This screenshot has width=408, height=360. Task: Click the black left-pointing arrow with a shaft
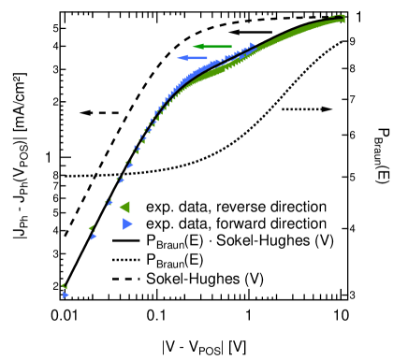(247, 32)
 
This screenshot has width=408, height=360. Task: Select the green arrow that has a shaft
(213, 46)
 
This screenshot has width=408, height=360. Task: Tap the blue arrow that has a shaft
(193, 58)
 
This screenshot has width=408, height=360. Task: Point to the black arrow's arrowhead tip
(229, 32)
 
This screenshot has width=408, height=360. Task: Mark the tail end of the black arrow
(266, 32)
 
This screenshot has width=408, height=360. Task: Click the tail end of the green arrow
(232, 46)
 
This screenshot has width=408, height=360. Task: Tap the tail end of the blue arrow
(207, 58)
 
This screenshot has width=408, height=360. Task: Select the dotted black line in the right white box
(300, 109)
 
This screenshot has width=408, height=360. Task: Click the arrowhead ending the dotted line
(326, 110)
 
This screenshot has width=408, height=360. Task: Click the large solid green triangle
(124, 207)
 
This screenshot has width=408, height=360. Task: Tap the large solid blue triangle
(127, 223)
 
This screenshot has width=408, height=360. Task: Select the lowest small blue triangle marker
(66, 295)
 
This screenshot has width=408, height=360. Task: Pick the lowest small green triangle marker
(64, 286)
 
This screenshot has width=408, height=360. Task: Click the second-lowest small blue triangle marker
(93, 237)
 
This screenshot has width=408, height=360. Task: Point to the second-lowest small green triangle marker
(91, 227)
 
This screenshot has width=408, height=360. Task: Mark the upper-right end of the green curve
(342, 18)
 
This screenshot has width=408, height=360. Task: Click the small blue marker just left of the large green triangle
(109, 202)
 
